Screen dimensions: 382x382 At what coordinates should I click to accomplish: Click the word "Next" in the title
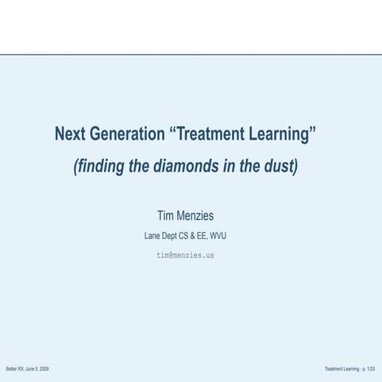pyautogui.click(x=70, y=133)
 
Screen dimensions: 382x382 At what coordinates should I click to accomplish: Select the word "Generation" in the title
pyautogui.click(x=126, y=133)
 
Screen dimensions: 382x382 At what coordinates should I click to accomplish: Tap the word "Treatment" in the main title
pyautogui.click(x=210, y=133)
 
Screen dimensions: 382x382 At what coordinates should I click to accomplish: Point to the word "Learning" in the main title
pyautogui.click(x=281, y=133)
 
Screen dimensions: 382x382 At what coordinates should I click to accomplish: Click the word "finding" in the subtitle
pyautogui.click(x=99, y=168)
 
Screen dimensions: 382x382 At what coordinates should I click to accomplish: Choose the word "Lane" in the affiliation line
pyautogui.click(x=152, y=236)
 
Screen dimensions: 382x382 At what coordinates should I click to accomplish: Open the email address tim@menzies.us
pyautogui.click(x=185, y=255)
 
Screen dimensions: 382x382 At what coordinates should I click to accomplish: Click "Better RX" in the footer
pyautogui.click(x=14, y=369)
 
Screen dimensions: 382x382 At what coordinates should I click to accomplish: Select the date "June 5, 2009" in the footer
pyautogui.click(x=37, y=369)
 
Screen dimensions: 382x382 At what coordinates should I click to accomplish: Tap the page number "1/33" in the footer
pyautogui.click(x=371, y=369)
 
